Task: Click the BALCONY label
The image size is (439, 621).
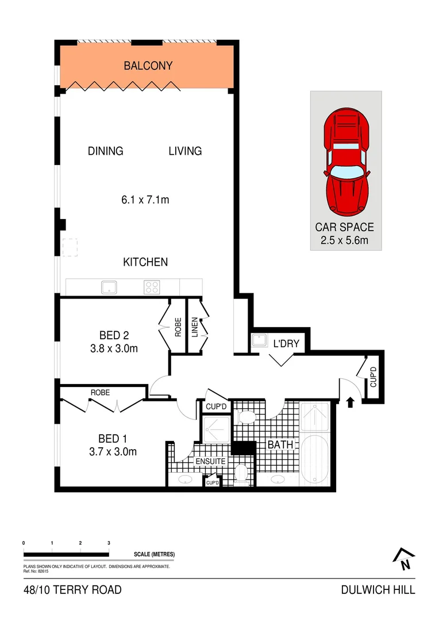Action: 148,66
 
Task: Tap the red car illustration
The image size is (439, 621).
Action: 345,163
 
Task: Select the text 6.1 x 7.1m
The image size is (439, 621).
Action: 145,200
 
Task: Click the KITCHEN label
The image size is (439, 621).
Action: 145,262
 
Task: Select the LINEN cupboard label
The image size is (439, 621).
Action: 195,327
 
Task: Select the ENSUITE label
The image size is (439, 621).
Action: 211,461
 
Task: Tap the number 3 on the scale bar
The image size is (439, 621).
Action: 109,543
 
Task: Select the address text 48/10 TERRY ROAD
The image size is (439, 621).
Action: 72,590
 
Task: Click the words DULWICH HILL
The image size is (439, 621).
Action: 378,590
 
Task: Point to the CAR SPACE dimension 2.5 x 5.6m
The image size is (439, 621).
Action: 345,240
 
